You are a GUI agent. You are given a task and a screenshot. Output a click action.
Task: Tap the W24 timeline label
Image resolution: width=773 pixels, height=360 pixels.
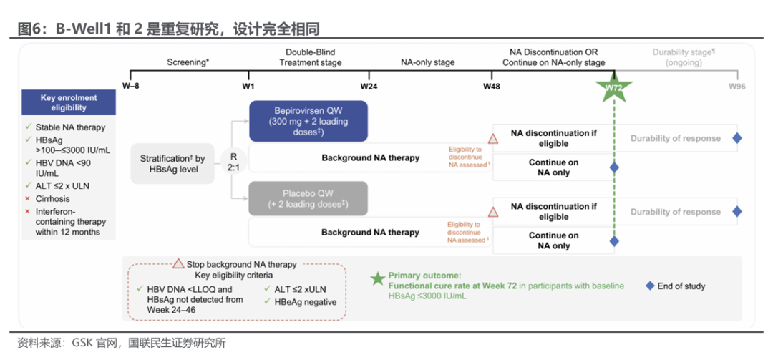(x=369, y=87)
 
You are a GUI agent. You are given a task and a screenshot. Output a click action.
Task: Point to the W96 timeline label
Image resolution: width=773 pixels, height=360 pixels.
(x=737, y=87)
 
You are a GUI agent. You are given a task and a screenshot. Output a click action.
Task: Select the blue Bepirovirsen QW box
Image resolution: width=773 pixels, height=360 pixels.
(x=308, y=122)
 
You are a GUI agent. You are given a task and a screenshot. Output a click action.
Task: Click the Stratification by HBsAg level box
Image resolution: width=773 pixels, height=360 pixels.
(x=172, y=164)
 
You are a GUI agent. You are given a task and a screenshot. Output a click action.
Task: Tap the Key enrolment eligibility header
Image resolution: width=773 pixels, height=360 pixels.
(x=69, y=102)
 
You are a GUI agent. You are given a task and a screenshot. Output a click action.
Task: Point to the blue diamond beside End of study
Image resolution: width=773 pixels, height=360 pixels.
(x=650, y=286)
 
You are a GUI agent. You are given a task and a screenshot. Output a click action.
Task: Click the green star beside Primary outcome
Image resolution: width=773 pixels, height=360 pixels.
(x=378, y=278)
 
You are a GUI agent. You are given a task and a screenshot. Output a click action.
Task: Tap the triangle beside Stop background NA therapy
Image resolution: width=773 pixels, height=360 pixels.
(x=178, y=264)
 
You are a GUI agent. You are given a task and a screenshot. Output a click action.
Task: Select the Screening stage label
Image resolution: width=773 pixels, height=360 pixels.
(x=188, y=63)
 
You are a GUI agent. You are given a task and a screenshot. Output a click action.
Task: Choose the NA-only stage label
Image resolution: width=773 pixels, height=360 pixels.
(x=427, y=63)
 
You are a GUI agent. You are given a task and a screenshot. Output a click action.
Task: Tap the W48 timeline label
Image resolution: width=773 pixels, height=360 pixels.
(x=492, y=87)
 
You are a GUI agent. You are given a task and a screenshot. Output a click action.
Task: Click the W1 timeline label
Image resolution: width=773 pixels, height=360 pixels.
(x=248, y=87)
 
